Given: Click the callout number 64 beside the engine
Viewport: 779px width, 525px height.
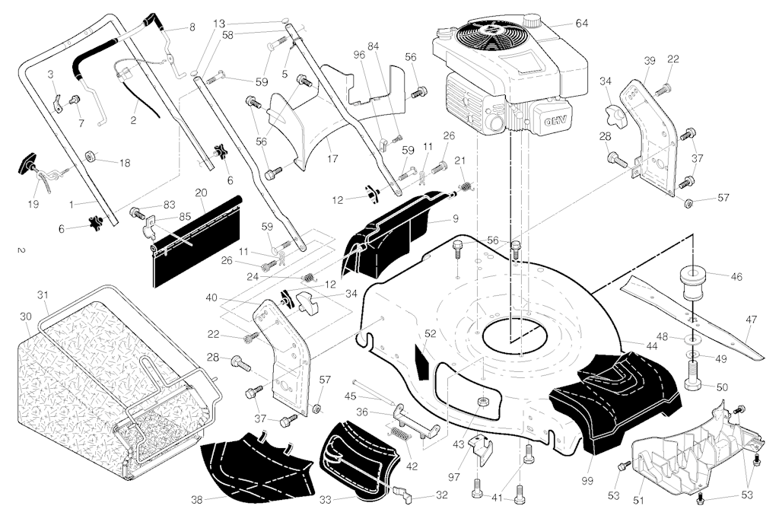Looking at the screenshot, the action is coord(581,24).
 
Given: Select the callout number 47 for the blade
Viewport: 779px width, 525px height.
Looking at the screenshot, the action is coord(751,320).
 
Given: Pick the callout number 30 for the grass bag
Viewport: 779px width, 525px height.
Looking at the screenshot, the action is coord(26,317).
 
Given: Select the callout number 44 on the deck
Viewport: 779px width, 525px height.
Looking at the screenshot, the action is coord(651,345).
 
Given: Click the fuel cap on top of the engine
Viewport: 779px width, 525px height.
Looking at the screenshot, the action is coord(532,21).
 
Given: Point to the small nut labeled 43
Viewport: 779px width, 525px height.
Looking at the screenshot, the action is coord(481,401).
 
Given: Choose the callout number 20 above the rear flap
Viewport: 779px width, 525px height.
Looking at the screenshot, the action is coord(201,192).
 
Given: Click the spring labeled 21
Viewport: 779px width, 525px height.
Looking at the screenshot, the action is coord(465,186).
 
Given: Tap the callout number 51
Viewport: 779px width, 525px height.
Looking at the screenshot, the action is coord(638,501).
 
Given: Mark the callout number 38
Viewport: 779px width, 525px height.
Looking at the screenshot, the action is coord(197,500).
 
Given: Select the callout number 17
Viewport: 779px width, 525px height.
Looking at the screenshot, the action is coord(332,158).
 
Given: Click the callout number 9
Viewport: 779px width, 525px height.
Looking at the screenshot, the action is coord(455,218).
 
